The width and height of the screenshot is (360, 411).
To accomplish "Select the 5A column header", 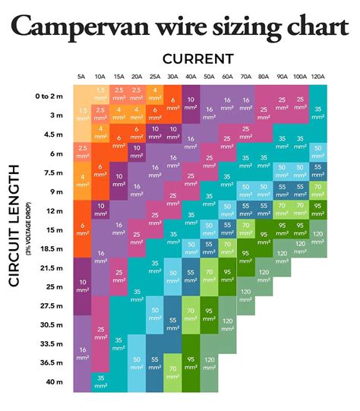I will point(81,77).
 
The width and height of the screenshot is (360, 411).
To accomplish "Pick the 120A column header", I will point(317,77).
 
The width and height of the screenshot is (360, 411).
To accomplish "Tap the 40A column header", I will point(191,77).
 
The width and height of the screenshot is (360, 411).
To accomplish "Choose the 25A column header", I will point(154,77).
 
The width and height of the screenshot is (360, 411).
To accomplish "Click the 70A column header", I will point(245,77).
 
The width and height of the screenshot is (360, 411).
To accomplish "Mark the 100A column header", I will point(299,77).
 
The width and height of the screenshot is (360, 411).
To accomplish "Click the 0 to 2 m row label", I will point(49,96).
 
